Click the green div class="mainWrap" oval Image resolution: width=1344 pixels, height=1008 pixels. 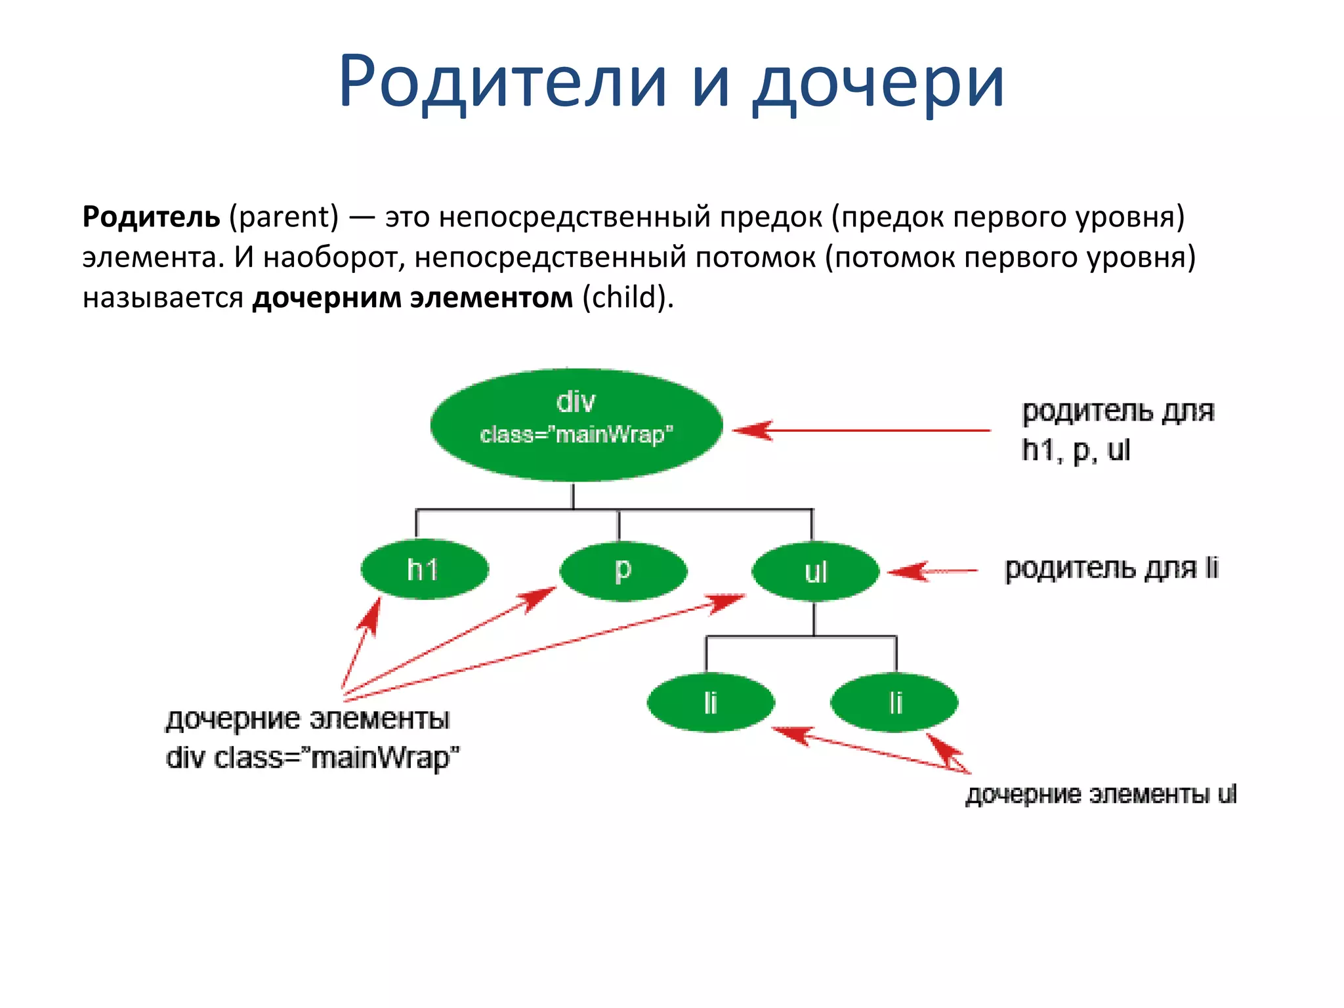pos(576,425)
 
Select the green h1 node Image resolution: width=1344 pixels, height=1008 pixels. pos(425,569)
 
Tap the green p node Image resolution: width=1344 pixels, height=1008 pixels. pos(623,570)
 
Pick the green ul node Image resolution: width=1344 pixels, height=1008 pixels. pos(815,571)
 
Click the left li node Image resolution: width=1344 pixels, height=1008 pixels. pos(711,702)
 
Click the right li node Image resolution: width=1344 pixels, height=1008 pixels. pos(894,702)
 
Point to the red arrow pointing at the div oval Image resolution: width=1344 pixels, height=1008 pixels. pos(860,430)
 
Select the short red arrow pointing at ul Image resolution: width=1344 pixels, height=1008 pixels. pos(932,571)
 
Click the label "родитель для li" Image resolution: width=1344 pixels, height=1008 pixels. pos(1112,568)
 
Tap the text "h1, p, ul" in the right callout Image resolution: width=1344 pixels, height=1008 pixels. pos(1076,451)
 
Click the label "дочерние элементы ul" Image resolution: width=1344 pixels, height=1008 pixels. pos(1101,795)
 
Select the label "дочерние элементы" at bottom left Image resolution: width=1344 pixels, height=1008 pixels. pos(307,719)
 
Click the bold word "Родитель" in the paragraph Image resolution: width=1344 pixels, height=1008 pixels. pos(151,217)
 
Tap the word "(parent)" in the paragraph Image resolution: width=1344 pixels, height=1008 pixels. pos(283,217)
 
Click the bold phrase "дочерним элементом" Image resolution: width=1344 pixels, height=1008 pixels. pos(413,297)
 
